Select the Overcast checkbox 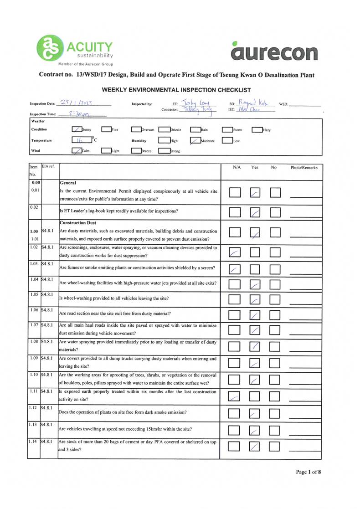point(136,130)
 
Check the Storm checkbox point(227,130)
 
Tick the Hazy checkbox point(257,130)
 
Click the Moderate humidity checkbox point(195,141)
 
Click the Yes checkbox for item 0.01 point(255,193)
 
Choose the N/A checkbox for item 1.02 point(235,252)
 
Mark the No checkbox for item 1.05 point(274,300)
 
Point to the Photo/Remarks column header point(304,168)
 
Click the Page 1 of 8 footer point(309,472)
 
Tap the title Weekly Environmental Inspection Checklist point(176,90)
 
